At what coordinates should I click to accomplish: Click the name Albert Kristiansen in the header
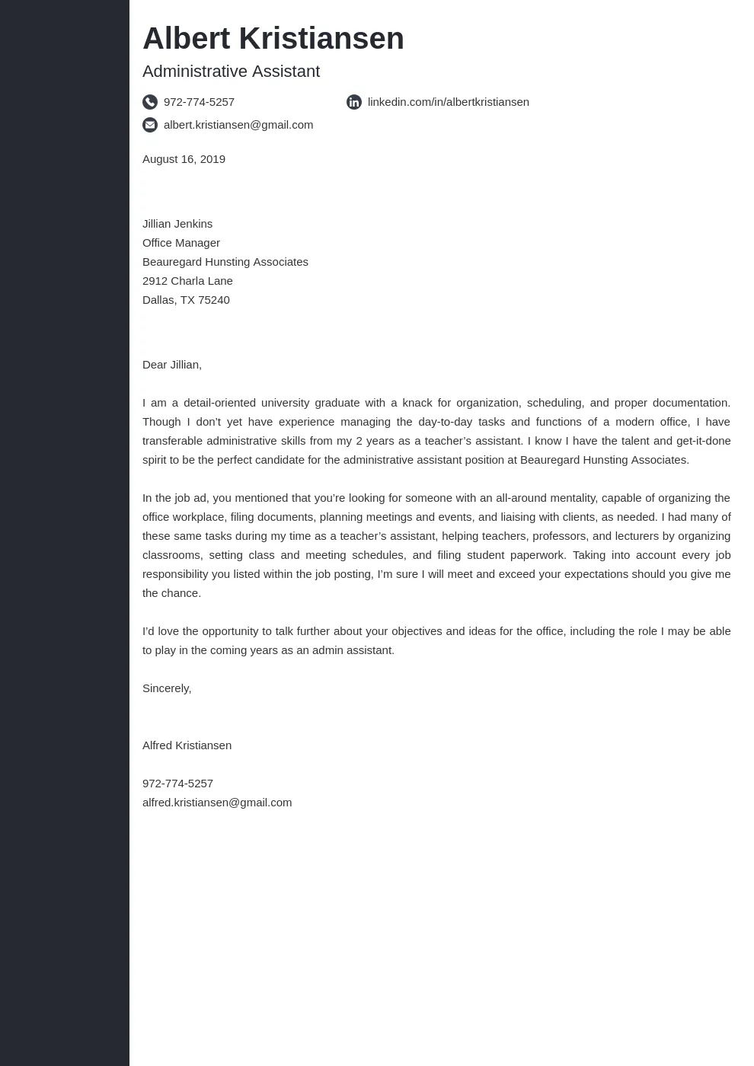273,39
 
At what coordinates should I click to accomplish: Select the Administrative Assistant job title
231,72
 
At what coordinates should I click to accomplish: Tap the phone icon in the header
150,102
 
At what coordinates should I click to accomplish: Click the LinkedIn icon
354,102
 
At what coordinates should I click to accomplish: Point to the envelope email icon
150,125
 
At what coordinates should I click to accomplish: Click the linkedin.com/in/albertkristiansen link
448,102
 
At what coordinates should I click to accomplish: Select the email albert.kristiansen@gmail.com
238,125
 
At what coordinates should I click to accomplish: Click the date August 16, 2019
184,159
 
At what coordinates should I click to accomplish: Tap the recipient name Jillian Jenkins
177,224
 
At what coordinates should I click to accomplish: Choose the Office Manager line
181,243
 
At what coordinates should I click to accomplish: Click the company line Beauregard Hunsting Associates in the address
225,262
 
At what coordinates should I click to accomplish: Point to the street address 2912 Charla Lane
187,281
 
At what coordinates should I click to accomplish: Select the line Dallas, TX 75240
186,300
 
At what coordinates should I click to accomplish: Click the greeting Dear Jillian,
172,365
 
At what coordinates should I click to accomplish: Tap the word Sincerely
166,688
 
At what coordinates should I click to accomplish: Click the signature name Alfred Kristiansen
187,745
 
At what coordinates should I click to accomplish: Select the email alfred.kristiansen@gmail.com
217,803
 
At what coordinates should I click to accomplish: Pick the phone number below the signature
177,784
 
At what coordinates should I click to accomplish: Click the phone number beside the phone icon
199,102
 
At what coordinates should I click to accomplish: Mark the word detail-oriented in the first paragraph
219,403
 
